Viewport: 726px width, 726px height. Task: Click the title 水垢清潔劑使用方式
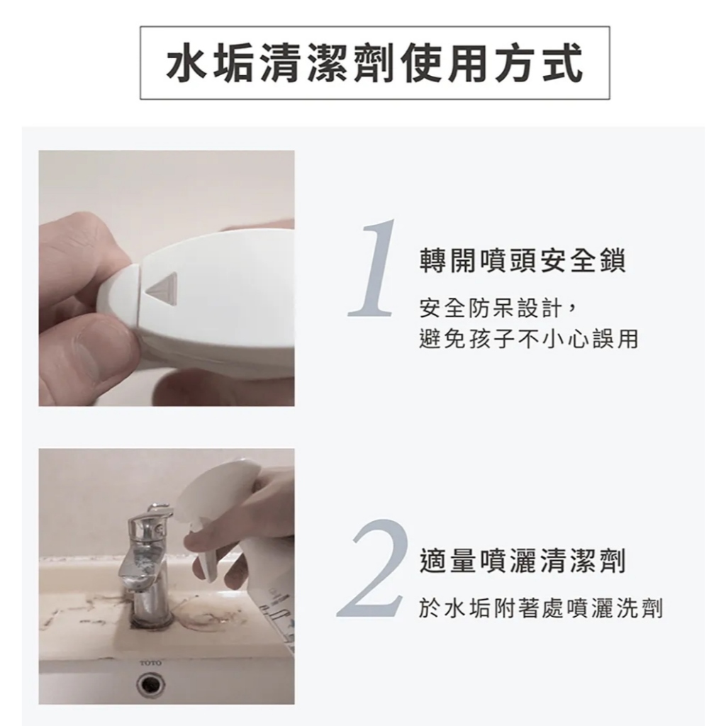[374, 63]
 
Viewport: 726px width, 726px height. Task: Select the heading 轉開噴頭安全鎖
[523, 261]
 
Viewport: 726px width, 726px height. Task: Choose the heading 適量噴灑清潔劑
[523, 560]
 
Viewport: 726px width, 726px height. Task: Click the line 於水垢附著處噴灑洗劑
[541, 608]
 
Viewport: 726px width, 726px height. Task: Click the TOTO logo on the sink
[150, 664]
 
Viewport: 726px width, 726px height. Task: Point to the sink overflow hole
[152, 684]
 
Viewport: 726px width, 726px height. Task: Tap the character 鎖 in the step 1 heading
[612, 261]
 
